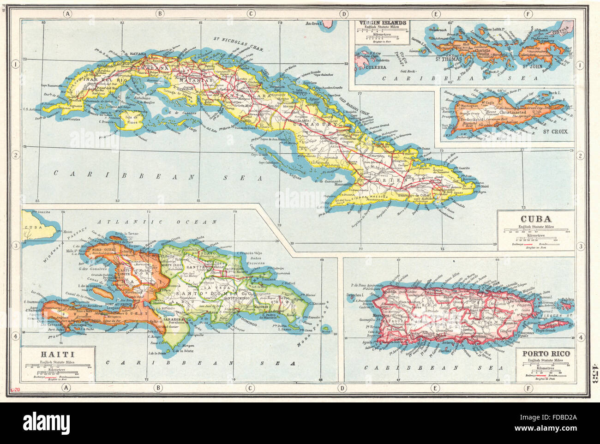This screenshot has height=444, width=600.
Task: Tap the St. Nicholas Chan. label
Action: (x=235, y=45)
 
